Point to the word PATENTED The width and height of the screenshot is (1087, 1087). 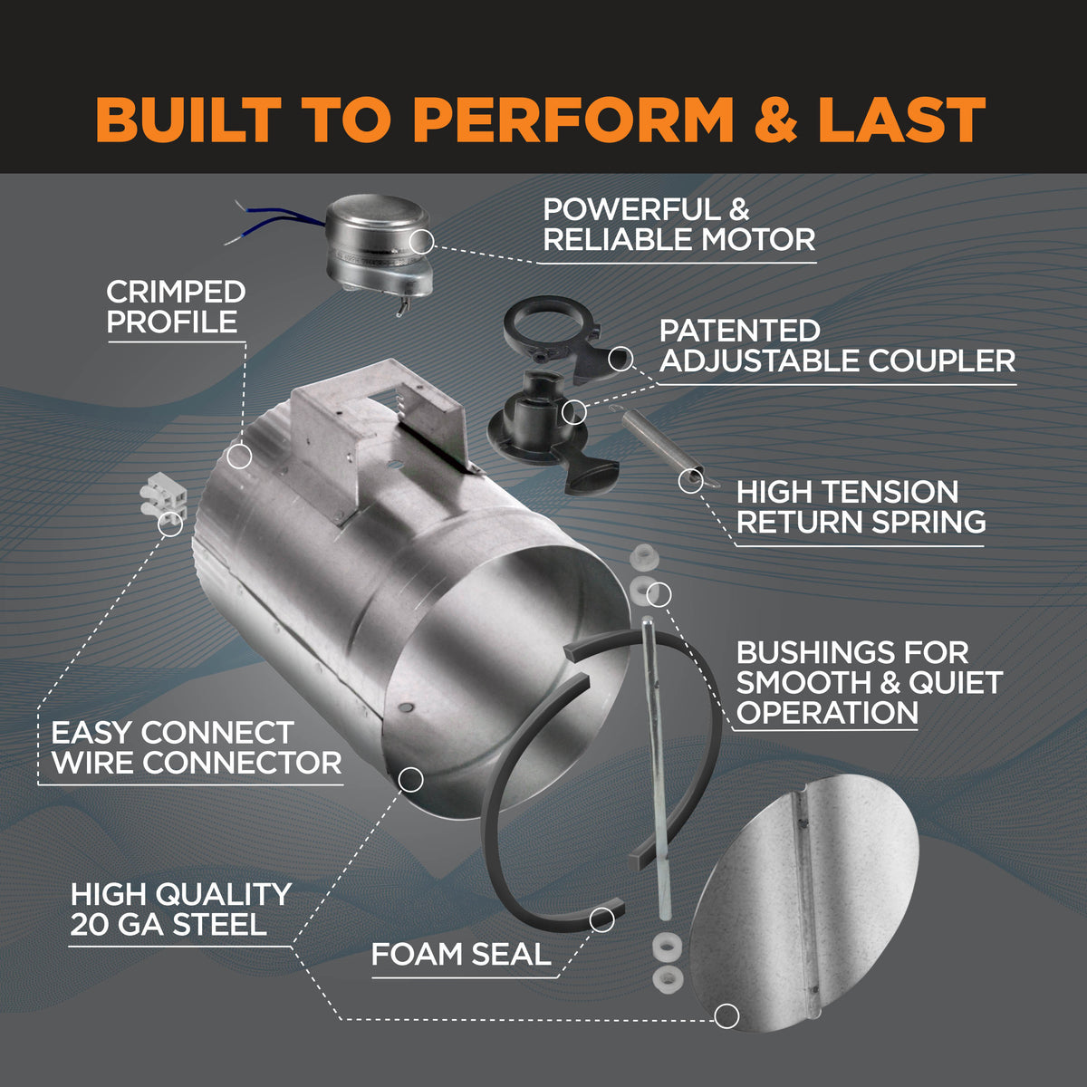coord(739,331)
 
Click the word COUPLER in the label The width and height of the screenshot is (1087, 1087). coord(942,361)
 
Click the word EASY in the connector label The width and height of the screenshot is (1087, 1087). coord(92,732)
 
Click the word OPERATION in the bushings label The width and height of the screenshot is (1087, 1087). coord(827,712)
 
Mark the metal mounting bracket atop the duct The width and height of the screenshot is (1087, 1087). coord(380,426)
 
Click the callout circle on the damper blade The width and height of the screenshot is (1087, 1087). coord(726,1015)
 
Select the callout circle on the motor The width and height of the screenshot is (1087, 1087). coord(421,241)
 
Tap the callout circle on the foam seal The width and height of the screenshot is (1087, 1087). coord(601,919)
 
